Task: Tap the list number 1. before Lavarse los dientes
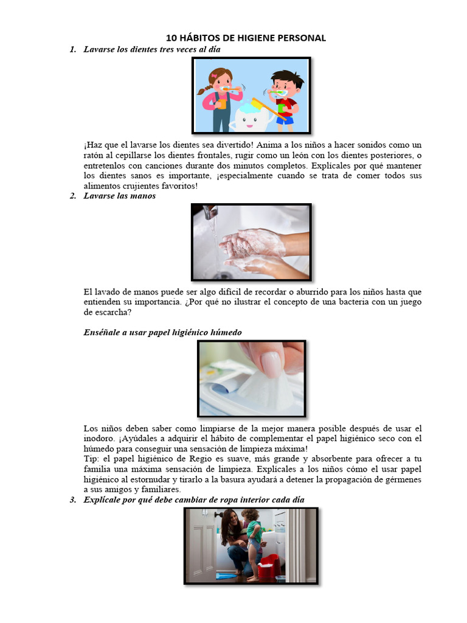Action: pyautogui.click(x=74, y=49)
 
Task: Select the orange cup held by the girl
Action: pyautogui.click(x=221, y=103)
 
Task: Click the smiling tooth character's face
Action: pyautogui.click(x=249, y=118)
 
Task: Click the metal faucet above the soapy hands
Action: pyautogui.click(x=210, y=212)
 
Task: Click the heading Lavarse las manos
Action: pyautogui.click(x=120, y=196)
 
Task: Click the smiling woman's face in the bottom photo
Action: pyautogui.click(x=233, y=521)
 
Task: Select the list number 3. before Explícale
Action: pyautogui.click(x=74, y=499)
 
